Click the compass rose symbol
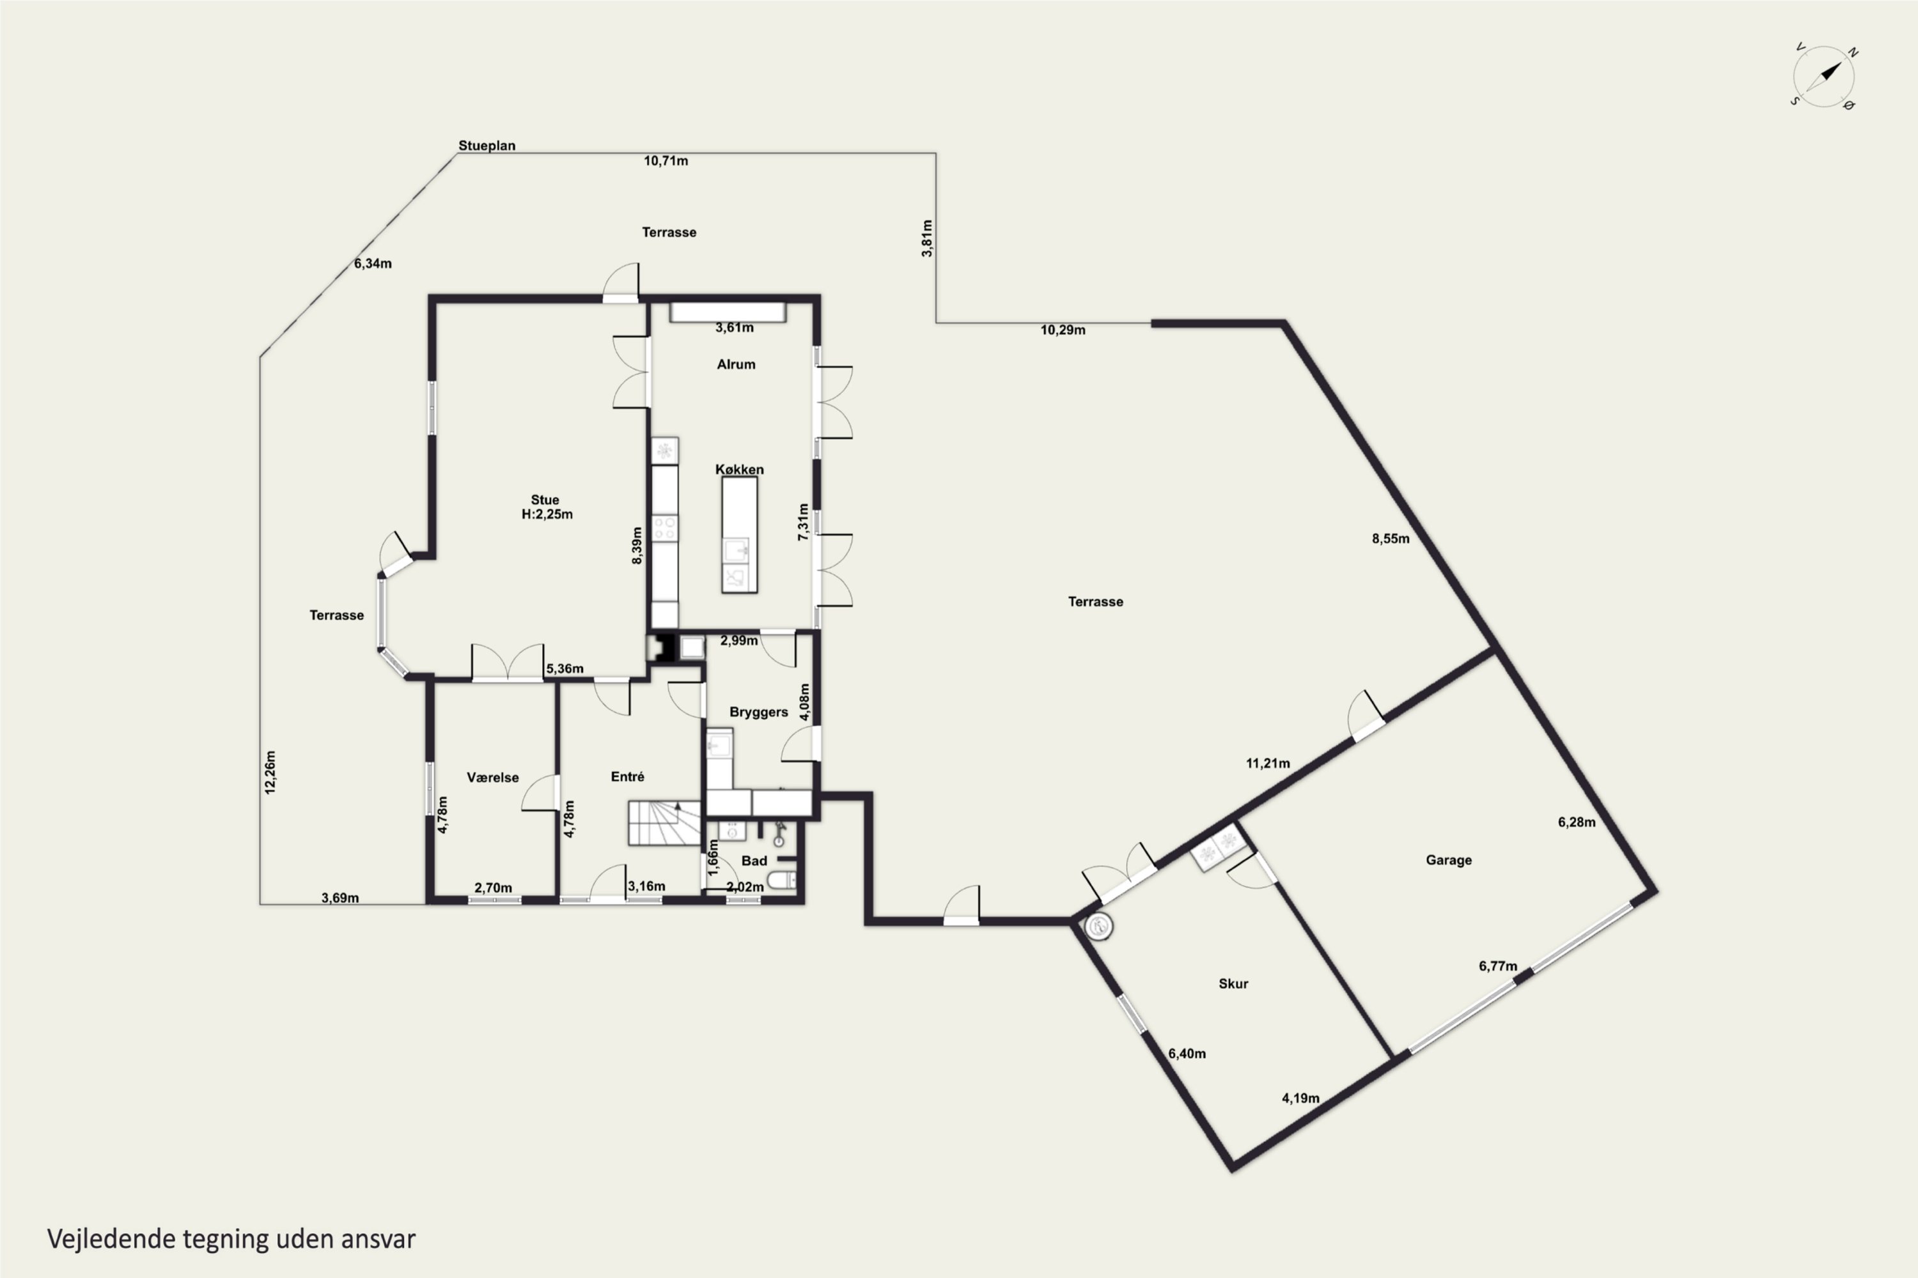[1823, 77]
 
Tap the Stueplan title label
[487, 146]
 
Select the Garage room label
[1448, 860]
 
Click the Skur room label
[1233, 984]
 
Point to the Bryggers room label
[758, 712]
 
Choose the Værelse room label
[492, 778]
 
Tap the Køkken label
[740, 470]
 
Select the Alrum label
[736, 364]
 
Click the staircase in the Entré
[664, 823]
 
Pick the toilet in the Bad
[781, 881]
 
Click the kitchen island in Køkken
[740, 535]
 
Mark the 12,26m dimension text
[270, 773]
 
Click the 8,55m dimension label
[1391, 539]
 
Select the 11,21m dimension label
[1268, 764]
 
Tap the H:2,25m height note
[547, 514]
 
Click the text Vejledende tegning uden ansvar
[231, 1240]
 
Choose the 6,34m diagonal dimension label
[373, 264]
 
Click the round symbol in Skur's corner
[1098, 927]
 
